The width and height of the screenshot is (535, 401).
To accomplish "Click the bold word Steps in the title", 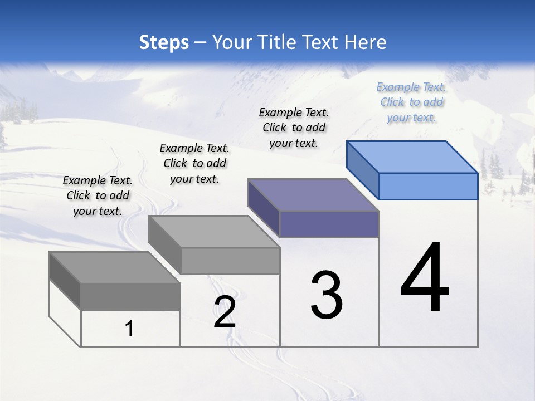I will (164, 42).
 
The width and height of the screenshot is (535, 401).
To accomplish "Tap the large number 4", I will (425, 278).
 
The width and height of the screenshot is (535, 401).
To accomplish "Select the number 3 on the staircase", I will (327, 295).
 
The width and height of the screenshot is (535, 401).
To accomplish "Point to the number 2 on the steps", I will (225, 312).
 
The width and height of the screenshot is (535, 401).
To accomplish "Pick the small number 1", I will (129, 329).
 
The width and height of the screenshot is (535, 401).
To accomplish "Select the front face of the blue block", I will (428, 186).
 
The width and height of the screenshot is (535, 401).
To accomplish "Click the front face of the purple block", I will (329, 224).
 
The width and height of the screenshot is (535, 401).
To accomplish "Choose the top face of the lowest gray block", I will (115, 267).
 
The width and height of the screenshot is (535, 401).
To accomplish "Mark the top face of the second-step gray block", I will (214, 231).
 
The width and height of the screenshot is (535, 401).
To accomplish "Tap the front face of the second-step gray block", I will (231, 261).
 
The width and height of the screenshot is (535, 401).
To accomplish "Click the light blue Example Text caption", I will (411, 102).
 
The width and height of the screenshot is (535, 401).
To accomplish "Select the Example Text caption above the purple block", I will (294, 128).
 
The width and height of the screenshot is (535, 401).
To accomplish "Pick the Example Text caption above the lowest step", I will (98, 195).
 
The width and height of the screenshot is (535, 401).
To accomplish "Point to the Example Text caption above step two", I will (194, 163).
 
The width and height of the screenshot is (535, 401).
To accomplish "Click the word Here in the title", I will (366, 42).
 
